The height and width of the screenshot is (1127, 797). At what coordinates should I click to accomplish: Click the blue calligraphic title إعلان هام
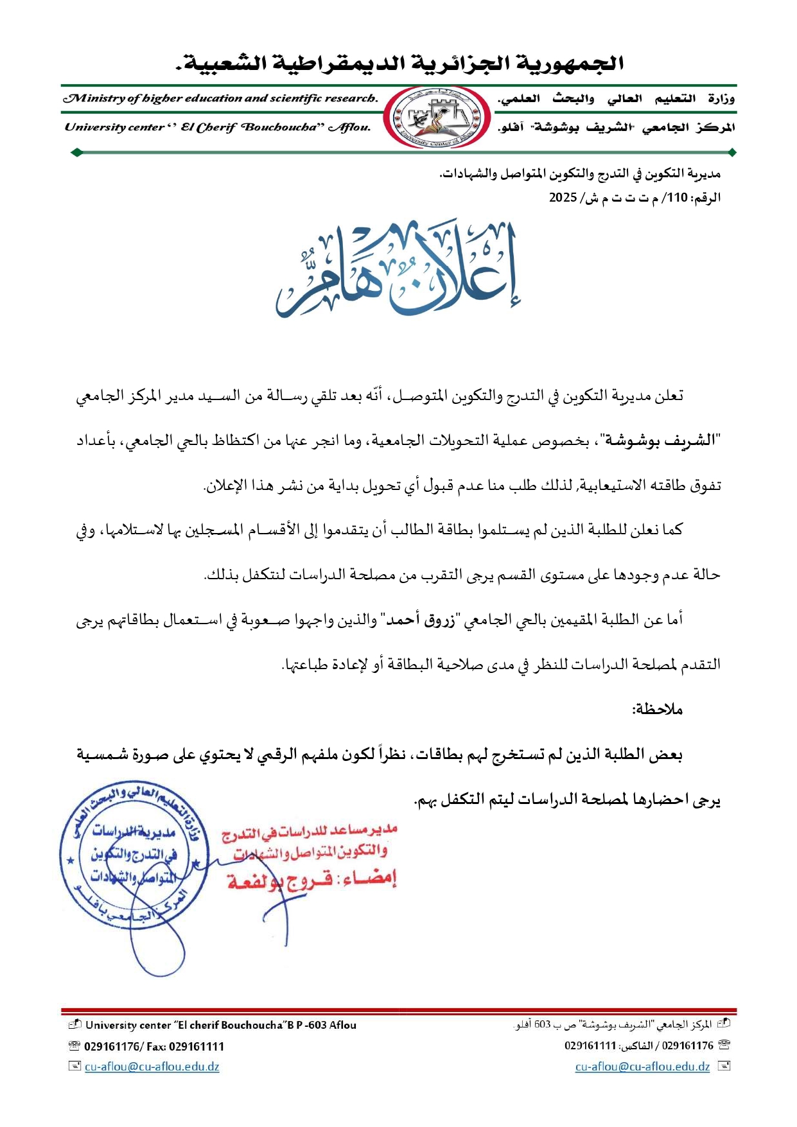click(398, 270)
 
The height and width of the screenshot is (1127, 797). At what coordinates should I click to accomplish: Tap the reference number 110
click(678, 198)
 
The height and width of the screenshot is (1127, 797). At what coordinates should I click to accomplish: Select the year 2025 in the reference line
click(563, 198)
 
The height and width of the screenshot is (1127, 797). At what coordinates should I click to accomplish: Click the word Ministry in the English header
click(94, 98)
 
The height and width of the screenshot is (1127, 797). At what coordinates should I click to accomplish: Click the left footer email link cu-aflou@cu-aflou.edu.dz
click(152, 1067)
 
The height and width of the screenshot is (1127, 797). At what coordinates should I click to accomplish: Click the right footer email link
click(642, 1067)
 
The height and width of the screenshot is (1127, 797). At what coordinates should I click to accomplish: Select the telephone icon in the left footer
click(74, 1046)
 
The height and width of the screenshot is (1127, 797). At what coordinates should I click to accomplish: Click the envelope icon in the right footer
click(724, 1067)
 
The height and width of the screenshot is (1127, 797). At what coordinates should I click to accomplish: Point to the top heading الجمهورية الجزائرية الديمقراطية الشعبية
click(399, 64)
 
